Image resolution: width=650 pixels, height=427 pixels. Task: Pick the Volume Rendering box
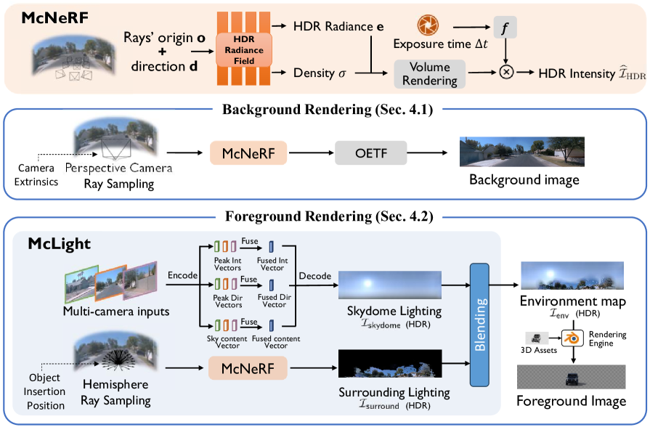429,73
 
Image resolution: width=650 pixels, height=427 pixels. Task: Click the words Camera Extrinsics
38,175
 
